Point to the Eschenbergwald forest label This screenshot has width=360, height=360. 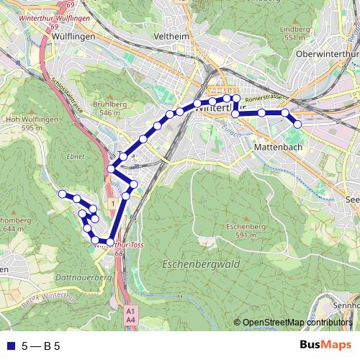click(201, 264)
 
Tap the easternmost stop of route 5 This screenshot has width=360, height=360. click(297, 125)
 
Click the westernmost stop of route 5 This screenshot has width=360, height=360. click(63, 194)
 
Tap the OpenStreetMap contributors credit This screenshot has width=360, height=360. click(297, 323)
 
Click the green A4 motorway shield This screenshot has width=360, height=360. click(130, 318)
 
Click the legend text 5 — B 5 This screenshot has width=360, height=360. click(41, 346)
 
